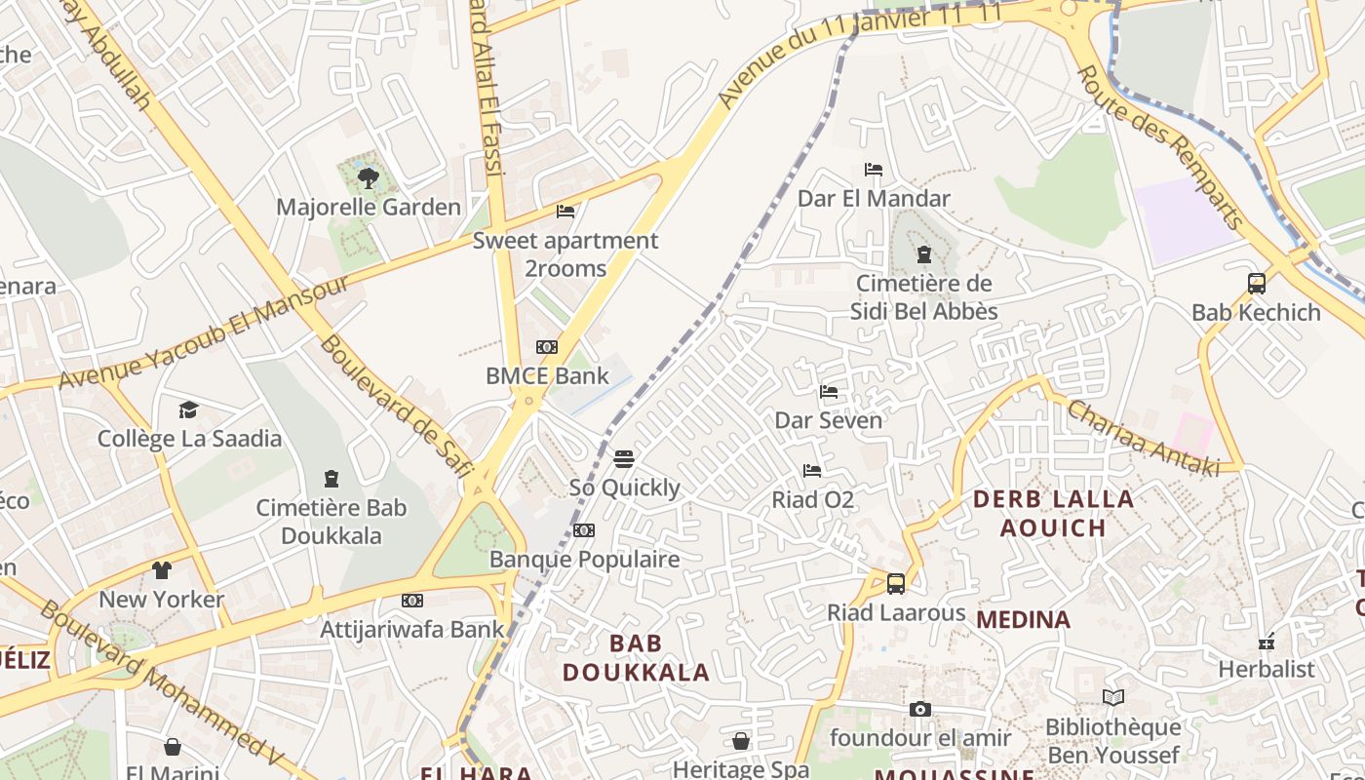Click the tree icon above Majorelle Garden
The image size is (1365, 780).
coord(369,177)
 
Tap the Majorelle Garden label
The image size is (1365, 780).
coord(369,207)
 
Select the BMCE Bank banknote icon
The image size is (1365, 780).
coord(547,347)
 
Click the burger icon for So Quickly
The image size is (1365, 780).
coord(625,458)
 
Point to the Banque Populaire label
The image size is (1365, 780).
coord(584,559)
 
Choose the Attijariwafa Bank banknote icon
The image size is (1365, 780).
coord(412,601)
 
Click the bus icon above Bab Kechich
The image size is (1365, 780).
coord(1257,284)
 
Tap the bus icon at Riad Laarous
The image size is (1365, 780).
coord(896,584)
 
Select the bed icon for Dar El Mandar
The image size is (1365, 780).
coord(874,170)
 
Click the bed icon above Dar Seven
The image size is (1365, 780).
coord(829,392)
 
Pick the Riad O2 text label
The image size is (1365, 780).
coord(813,500)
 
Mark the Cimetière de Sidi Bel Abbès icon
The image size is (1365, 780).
coord(923,255)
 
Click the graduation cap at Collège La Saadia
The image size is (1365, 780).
coord(188,409)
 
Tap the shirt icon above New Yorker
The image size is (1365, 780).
coord(162,570)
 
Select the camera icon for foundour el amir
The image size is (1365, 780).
coord(920,709)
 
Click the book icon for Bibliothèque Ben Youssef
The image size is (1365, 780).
coord(1112,697)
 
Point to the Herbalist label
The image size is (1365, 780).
coord(1267,670)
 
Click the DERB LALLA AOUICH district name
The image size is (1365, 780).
coord(1054,514)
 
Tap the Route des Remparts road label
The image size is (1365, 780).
coord(1160,146)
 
